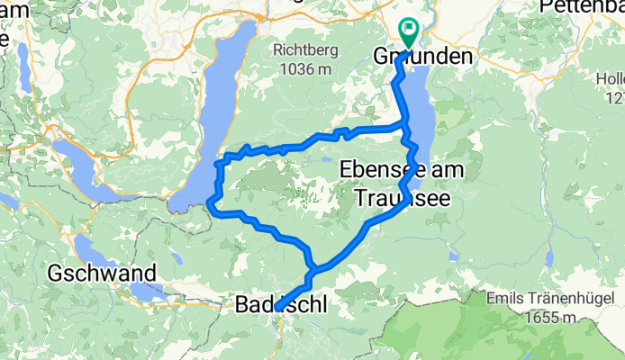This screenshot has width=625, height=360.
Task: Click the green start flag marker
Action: point(409,31)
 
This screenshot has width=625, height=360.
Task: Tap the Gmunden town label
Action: point(422,57)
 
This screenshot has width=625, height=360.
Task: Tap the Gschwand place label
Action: point(102,273)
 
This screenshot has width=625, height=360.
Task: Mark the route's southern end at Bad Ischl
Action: point(278,308)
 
